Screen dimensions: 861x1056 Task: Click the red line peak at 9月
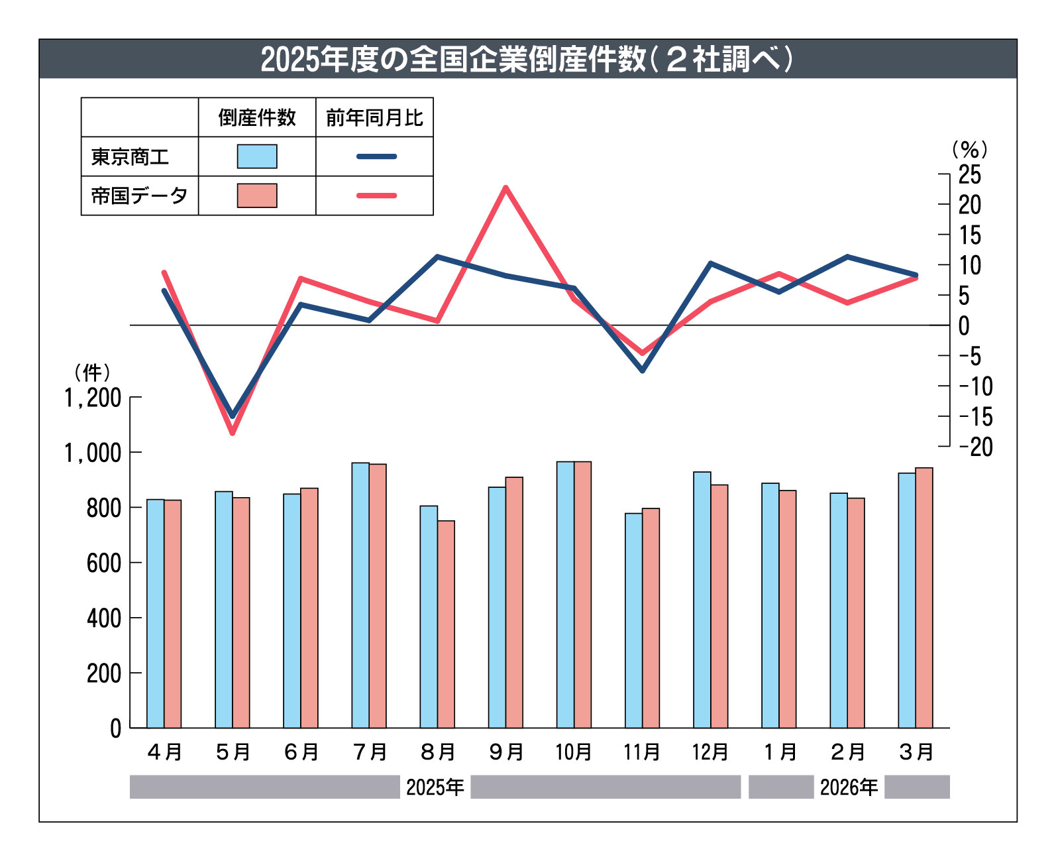pyautogui.click(x=506, y=188)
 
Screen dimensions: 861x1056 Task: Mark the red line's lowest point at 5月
pyautogui.click(x=233, y=433)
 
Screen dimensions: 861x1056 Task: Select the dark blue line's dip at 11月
pyautogui.click(x=643, y=370)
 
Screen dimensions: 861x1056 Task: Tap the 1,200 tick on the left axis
pyautogui.click(x=93, y=398)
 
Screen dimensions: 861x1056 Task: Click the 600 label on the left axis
pyautogui.click(x=104, y=563)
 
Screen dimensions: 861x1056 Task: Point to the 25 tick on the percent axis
pyautogui.click(x=969, y=174)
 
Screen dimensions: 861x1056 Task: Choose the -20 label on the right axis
pyautogui.click(x=976, y=447)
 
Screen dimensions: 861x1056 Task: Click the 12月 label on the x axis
pyautogui.click(x=710, y=752)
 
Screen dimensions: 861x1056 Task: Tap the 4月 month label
pyautogui.click(x=164, y=752)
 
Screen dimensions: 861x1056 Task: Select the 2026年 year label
pyautogui.click(x=849, y=787)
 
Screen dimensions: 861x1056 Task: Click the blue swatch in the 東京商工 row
pyautogui.click(x=257, y=156)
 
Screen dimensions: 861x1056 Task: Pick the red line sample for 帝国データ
pyautogui.click(x=376, y=196)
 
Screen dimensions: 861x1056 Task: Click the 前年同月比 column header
pyautogui.click(x=374, y=118)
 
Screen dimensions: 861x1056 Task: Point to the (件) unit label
pyautogui.click(x=92, y=373)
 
